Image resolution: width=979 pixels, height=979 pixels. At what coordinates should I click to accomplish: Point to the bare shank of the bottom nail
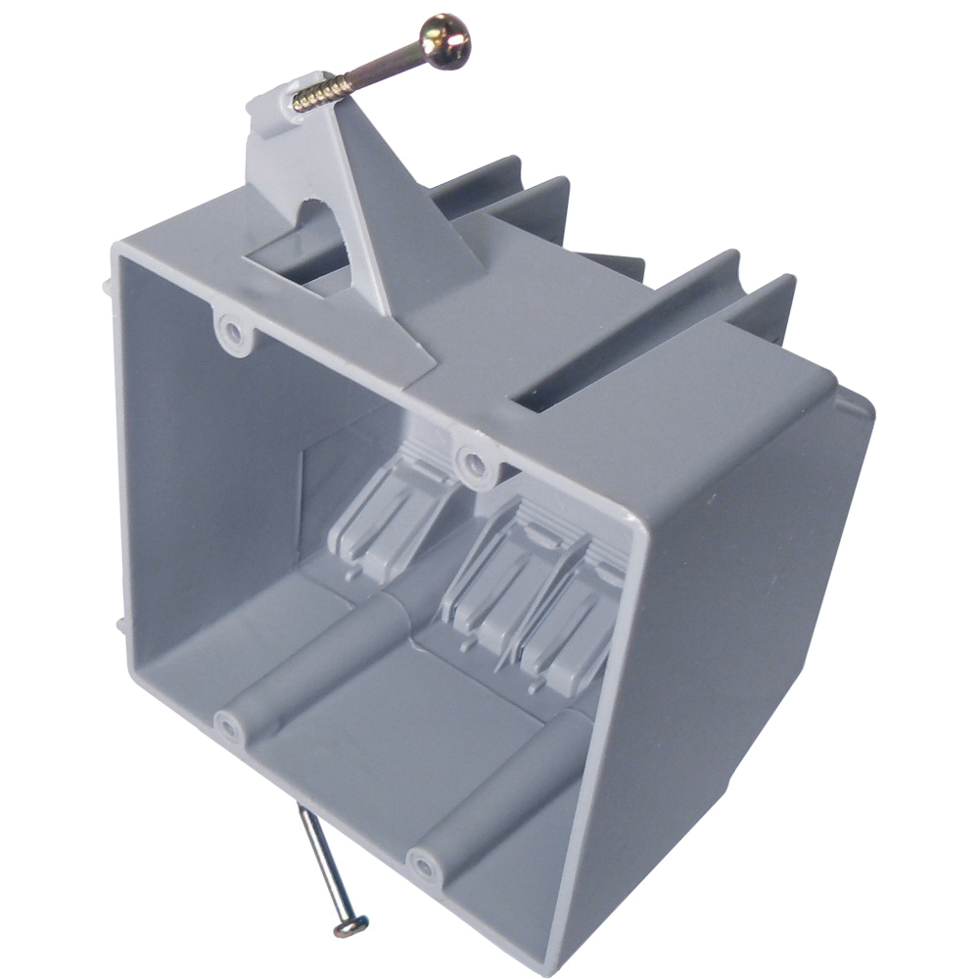click(324, 862)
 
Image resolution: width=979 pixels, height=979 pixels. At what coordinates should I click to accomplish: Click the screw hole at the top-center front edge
click(474, 462)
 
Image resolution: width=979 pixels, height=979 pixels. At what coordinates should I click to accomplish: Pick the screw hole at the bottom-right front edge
click(424, 865)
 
